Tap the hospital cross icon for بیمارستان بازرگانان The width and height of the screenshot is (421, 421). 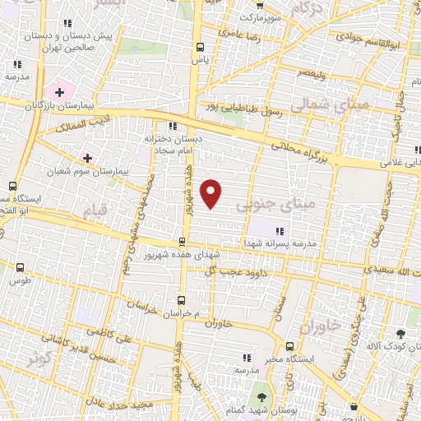(59, 90)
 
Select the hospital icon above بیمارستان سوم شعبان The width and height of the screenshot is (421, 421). (87, 156)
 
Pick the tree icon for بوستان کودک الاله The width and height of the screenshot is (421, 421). (401, 334)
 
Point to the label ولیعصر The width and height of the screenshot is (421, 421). (311, 75)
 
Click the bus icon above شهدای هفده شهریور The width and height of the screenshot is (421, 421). (183, 241)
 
